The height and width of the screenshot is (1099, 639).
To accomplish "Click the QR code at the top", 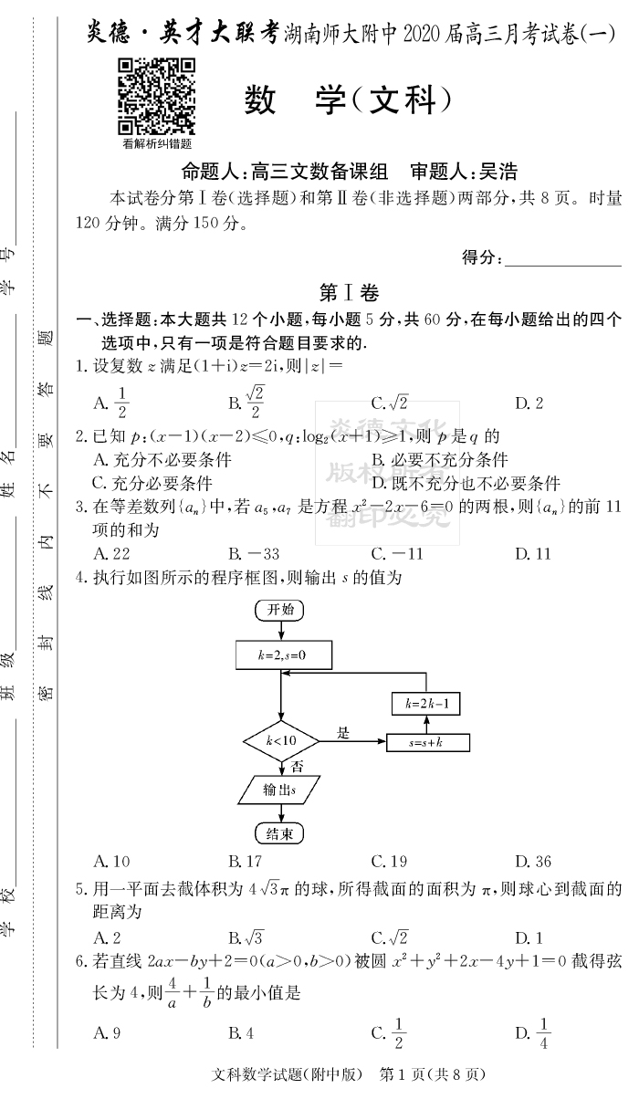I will coord(156,96).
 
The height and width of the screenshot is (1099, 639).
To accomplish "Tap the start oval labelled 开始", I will coord(279,611).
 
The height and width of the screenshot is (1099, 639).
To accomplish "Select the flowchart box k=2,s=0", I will coord(282,655).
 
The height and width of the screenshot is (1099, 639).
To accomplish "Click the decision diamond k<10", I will coord(280,740).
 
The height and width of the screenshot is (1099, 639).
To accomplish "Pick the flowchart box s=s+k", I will coord(427,743).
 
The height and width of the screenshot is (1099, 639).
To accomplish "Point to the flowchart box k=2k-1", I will coord(425,703).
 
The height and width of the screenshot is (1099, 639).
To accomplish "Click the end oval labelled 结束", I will coord(278,832).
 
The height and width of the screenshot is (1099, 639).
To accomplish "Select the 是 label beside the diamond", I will coord(343,732).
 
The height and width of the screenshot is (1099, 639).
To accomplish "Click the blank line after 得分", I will coord(562,258).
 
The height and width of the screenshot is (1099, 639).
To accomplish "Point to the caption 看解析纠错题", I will coord(156,143).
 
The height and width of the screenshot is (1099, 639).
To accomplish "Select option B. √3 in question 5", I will coord(246,937).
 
